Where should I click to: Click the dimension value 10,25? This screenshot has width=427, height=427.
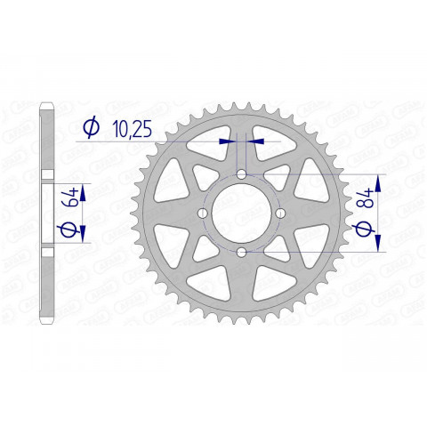[x=133, y=131]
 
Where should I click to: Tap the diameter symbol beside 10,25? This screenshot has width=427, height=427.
[x=91, y=131]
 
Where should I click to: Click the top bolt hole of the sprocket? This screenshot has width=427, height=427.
[x=242, y=175]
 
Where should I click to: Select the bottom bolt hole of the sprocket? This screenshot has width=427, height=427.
[x=242, y=252]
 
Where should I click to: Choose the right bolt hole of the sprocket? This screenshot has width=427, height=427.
[x=280, y=213]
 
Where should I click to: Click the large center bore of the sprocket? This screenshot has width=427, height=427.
[x=242, y=213]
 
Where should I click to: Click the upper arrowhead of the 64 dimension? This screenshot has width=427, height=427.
[x=85, y=191]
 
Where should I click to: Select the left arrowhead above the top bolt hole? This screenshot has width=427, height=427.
[x=230, y=140]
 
